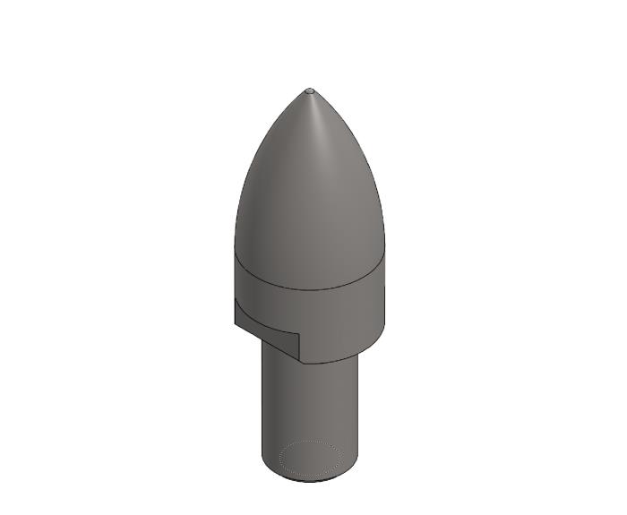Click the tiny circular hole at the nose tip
(310, 90)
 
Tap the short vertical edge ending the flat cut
(299, 347)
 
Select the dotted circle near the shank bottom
(310, 458)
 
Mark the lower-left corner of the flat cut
(236, 322)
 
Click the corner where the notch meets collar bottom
(300, 362)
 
